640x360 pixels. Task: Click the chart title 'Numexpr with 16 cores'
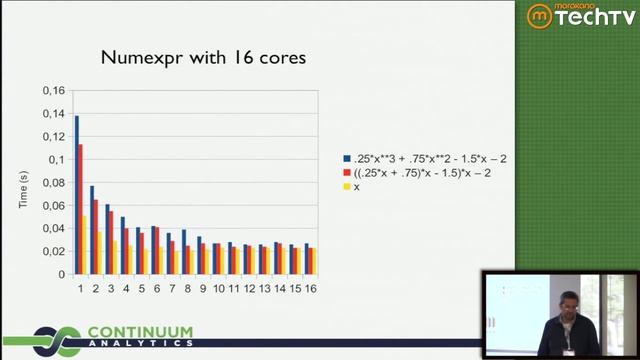click(203, 58)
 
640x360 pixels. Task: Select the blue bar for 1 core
click(76, 195)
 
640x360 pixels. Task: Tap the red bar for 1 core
click(80, 209)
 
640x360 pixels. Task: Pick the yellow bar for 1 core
click(85, 245)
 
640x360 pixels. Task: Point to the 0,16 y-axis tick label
click(52, 92)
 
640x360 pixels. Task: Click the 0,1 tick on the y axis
click(56, 160)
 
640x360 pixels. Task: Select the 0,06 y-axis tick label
click(52, 206)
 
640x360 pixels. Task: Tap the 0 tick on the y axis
click(60, 274)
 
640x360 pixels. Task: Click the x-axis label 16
click(311, 288)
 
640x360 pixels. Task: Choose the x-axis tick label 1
click(80, 288)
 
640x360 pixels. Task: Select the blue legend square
click(346, 158)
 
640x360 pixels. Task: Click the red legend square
click(346, 173)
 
